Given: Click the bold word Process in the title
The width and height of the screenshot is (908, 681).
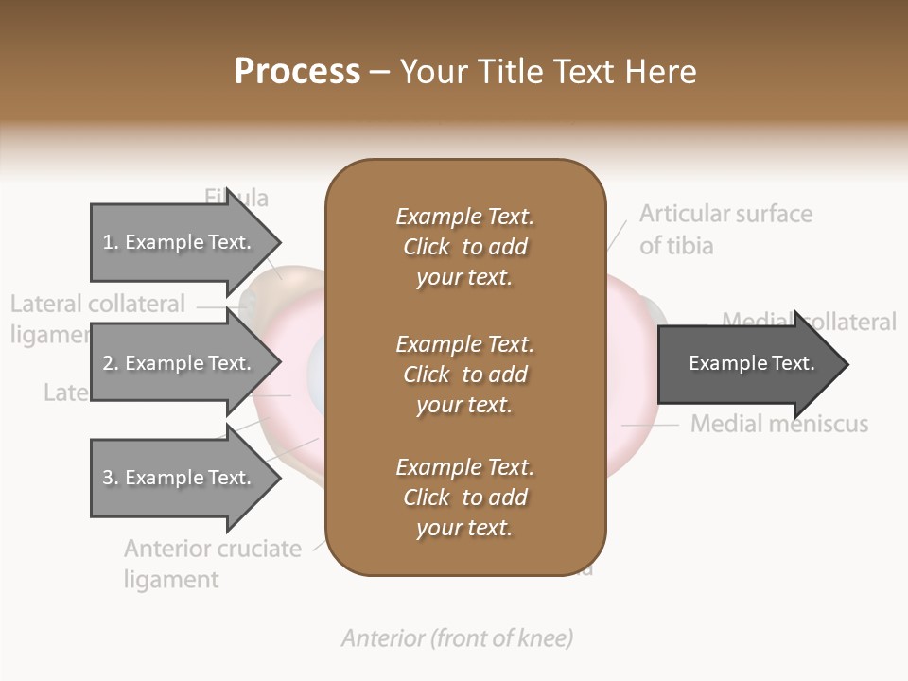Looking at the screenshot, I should click(297, 72).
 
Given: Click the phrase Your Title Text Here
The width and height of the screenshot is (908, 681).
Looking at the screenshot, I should click(549, 72).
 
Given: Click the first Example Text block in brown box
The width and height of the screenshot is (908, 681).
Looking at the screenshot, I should click(464, 247).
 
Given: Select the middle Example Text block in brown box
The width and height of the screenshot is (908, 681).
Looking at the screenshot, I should click(464, 374).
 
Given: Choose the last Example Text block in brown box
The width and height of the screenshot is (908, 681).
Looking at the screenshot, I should click(464, 498).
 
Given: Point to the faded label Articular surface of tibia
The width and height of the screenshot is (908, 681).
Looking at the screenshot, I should click(725, 229).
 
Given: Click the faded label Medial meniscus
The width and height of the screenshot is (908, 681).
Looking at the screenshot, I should click(778, 423).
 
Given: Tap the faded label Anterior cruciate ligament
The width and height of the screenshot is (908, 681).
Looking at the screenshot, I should click(212, 563).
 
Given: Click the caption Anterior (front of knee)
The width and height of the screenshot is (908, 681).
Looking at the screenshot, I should click(457, 638).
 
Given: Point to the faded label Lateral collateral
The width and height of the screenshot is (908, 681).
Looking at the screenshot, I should click(97, 305).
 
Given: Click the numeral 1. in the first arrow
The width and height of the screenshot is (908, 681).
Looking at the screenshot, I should click(110, 242).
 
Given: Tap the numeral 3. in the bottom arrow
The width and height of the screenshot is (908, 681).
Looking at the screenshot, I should click(110, 478).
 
